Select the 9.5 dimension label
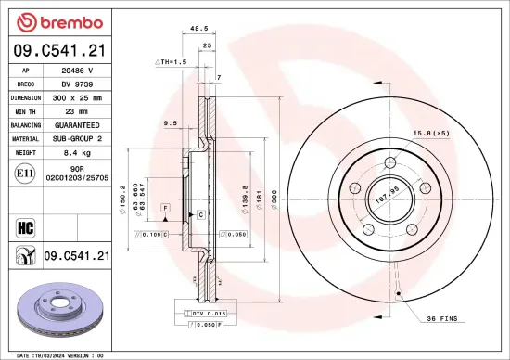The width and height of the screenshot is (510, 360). [171, 122]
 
